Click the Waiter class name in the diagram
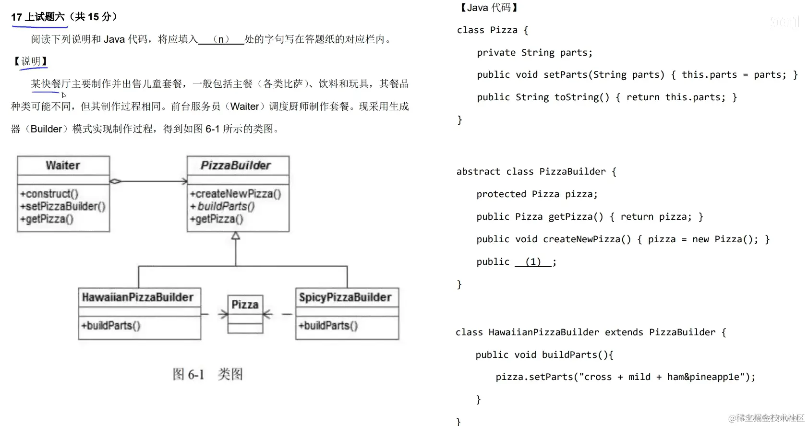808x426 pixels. click(63, 166)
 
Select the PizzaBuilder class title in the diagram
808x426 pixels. click(236, 166)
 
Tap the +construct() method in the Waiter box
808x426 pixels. click(49, 194)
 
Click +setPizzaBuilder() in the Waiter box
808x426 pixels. click(63, 206)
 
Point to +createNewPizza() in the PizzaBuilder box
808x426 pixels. click(235, 194)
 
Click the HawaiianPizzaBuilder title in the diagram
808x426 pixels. click(138, 297)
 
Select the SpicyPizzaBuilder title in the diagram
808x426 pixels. click(345, 297)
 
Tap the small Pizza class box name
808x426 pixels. click(245, 305)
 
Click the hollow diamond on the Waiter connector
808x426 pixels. click(116, 181)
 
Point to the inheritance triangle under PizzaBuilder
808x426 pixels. click(236, 236)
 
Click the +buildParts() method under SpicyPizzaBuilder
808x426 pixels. click(328, 326)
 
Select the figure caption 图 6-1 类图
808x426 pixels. click(207, 374)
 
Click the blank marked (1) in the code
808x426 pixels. click(533, 262)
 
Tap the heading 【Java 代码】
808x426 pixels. click(489, 8)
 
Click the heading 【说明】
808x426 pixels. click(30, 61)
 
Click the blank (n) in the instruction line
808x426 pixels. click(221, 39)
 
